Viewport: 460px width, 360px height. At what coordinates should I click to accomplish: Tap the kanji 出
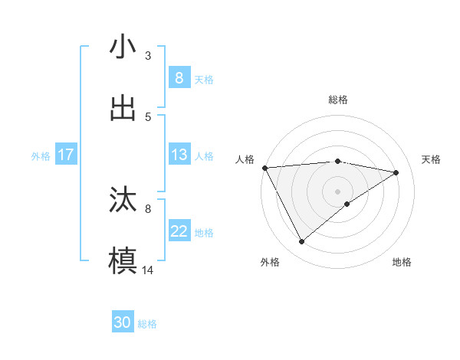123,108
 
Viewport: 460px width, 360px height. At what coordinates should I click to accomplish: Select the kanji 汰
123,200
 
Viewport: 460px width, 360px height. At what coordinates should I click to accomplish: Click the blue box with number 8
179,77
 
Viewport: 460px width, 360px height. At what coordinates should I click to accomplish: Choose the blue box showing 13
179,155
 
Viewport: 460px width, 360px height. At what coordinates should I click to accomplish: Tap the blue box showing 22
179,231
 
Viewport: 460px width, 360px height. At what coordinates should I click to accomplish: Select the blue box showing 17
65,155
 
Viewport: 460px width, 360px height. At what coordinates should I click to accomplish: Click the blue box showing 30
123,322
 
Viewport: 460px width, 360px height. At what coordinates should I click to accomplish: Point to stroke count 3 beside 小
148,55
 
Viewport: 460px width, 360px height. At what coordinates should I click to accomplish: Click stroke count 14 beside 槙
148,270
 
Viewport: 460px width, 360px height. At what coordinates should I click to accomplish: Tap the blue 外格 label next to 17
41,155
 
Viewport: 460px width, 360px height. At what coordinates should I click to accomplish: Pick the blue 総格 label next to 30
147,324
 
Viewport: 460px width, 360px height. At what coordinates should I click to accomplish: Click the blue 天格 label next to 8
204,79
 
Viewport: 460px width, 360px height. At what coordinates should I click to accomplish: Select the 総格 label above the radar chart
337,100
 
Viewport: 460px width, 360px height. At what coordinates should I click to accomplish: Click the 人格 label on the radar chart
245,159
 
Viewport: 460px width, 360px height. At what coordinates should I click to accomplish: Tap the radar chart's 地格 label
402,262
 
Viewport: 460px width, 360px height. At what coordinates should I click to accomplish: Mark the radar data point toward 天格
396,172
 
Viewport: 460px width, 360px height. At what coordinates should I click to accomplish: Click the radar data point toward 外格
301,241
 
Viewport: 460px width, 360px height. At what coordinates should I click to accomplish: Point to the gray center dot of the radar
337,190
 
